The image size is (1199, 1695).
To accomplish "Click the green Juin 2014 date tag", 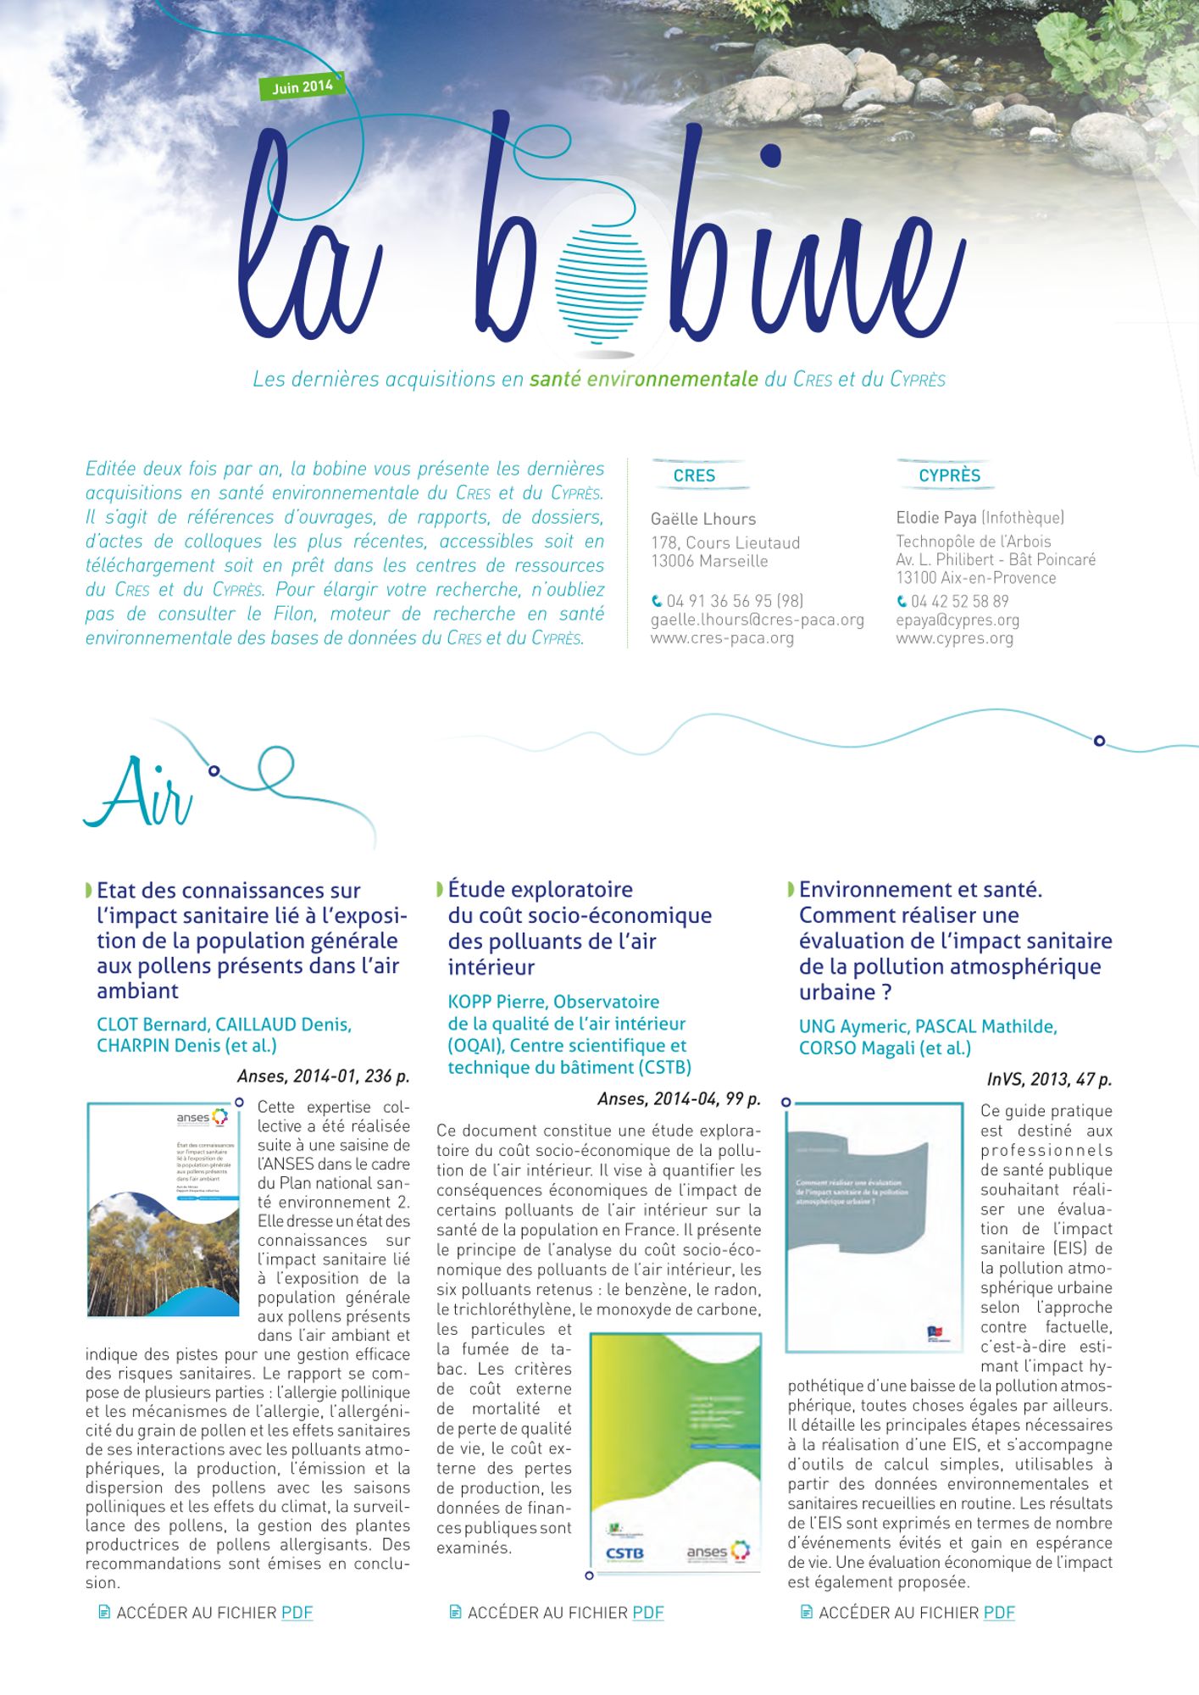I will point(303,86).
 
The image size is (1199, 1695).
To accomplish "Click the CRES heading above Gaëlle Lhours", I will point(694,475).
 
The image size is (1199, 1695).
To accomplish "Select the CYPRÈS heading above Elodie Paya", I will point(949,475).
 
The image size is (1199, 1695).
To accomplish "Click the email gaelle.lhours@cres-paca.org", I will point(757,620).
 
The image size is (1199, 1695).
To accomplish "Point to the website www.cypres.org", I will point(954,638).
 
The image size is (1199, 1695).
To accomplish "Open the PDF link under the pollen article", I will point(297,1612).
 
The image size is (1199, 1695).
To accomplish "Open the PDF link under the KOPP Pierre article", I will point(647,1612).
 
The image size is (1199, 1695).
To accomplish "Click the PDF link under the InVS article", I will point(999,1612).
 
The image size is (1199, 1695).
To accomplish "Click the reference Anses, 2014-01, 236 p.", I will point(323,1076).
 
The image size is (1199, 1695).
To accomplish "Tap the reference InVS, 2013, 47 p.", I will point(1049,1079).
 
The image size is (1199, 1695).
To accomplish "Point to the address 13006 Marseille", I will point(709,561).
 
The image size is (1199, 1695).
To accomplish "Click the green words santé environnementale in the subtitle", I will point(643,379).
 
